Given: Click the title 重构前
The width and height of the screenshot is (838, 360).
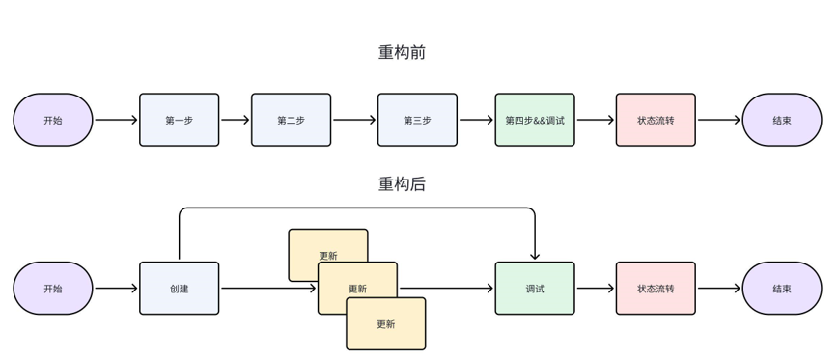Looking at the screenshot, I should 402,53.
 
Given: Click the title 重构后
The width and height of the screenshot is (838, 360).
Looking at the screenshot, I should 402,184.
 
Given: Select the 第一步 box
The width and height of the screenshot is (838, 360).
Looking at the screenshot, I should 179,120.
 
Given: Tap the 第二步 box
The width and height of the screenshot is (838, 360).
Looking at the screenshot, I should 291,120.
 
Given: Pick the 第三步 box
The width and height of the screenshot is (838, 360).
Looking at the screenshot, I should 417,120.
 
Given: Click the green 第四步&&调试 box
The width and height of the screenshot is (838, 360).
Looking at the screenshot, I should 534,120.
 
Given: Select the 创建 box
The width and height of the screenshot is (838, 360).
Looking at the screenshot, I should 179,288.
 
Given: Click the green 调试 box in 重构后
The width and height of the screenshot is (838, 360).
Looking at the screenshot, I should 534,288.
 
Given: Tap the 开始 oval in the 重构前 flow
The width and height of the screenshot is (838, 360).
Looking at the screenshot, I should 53,120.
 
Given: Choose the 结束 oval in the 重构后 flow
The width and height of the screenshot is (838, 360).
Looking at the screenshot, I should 781,288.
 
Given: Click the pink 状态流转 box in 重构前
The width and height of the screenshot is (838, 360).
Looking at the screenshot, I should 656,120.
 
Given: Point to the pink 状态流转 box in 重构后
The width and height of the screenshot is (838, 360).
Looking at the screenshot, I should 656,288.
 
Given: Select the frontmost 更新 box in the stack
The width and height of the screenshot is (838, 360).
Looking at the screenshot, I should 385,324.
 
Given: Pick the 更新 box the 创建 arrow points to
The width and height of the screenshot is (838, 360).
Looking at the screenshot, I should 357,288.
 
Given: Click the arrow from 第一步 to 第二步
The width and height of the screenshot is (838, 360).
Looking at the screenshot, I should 235,120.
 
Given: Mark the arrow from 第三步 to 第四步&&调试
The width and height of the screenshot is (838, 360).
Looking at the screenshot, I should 476,120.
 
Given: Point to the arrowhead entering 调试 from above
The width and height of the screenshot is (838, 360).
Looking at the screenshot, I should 534,256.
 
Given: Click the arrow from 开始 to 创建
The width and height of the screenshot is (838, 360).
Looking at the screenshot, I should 116,288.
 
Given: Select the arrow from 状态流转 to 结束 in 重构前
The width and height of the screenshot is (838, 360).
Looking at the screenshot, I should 718,120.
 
